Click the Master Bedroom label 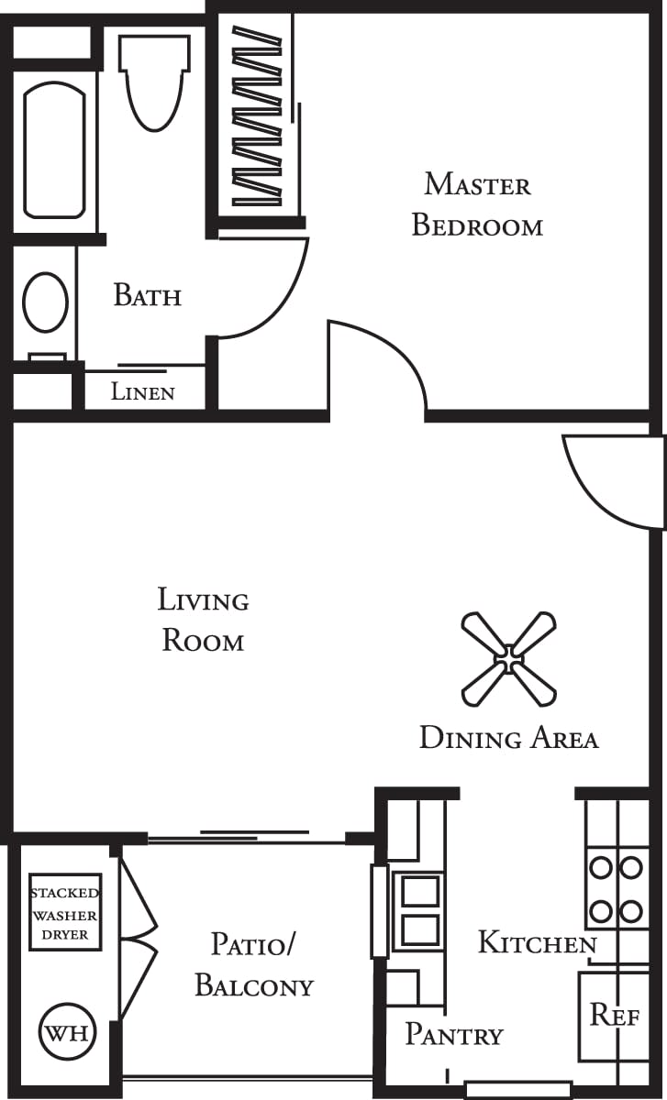point(477,204)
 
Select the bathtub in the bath point(54,149)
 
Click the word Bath point(147,295)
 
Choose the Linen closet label point(143,392)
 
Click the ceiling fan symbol point(508,658)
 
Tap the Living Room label point(203,620)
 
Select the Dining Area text point(508,738)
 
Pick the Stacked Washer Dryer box point(64,912)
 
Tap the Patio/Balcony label point(254,964)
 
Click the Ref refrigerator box point(613,1015)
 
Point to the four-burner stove point(616,888)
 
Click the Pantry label point(454,1035)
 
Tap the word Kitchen point(537,942)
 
